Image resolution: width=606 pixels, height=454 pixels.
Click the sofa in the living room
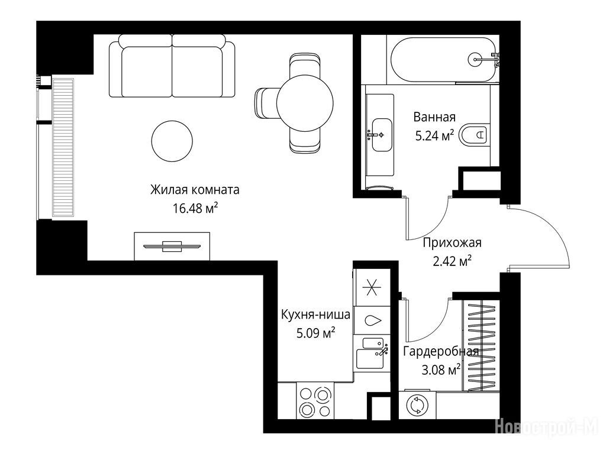(172, 66)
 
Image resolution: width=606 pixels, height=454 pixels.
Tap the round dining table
(305, 103)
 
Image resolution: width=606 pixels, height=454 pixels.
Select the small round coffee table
(172, 141)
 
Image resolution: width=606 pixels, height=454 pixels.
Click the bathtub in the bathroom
(443, 60)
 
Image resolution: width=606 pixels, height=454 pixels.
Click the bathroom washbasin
(382, 135)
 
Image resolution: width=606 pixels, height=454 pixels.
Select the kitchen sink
(372, 354)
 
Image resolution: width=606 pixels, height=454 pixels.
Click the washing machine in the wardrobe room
(417, 406)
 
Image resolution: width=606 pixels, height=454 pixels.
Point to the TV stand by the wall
(172, 246)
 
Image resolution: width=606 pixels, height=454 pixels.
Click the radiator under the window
(63, 147)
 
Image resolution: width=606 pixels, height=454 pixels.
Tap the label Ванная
(434, 116)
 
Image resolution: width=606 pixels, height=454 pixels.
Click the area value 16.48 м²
(195, 209)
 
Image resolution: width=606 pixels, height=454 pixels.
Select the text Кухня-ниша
(316, 314)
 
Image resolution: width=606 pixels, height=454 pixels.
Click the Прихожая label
(452, 242)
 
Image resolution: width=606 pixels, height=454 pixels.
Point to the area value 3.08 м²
(441, 370)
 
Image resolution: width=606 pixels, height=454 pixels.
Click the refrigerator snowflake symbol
(372, 287)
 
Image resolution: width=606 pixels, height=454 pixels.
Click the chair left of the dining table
(266, 103)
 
